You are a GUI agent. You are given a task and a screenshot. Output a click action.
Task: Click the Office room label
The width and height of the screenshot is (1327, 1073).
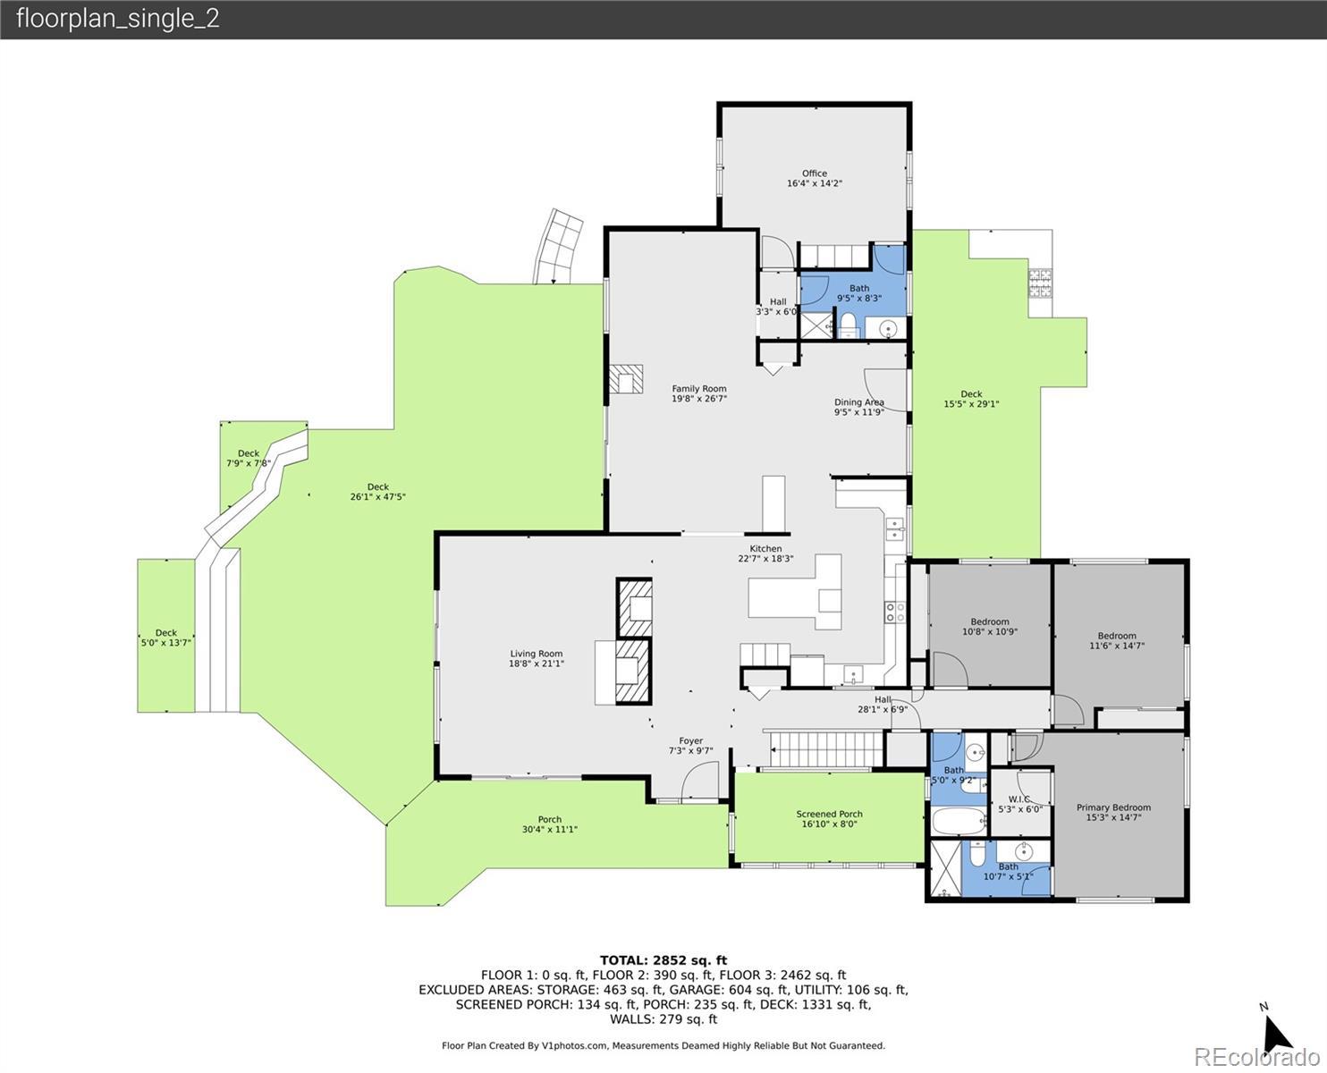(x=815, y=173)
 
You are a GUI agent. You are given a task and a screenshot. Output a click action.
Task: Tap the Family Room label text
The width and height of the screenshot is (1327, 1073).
(x=699, y=389)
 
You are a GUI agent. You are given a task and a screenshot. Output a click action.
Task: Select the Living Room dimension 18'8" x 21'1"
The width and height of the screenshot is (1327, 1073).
(x=537, y=663)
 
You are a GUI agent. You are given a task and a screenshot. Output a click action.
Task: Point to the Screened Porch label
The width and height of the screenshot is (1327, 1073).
(x=829, y=814)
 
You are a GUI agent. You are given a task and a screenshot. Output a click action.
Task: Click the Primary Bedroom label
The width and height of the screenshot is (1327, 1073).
(x=1113, y=807)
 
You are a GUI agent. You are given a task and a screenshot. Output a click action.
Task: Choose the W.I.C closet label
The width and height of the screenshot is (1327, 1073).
(x=1019, y=799)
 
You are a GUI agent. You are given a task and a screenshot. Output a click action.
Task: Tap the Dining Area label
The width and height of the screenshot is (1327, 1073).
(x=859, y=402)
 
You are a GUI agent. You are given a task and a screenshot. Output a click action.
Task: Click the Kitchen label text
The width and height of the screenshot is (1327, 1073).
(x=765, y=549)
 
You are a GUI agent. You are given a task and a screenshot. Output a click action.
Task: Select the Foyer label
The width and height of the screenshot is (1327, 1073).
(x=691, y=741)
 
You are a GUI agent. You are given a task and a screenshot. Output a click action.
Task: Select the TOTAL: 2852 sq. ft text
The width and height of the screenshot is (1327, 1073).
(x=663, y=960)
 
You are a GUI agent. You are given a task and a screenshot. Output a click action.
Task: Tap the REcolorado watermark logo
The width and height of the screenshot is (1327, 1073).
(x=1256, y=1057)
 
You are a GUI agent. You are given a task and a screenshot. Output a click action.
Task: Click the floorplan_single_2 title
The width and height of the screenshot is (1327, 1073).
(x=118, y=19)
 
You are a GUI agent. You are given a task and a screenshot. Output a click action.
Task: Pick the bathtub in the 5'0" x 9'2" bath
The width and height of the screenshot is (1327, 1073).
(x=959, y=822)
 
